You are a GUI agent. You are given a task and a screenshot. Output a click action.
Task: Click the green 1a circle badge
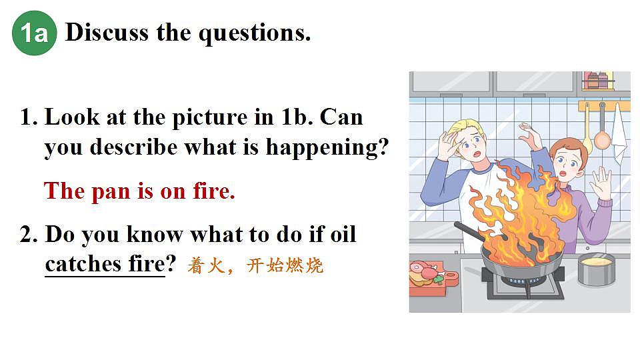[34, 33]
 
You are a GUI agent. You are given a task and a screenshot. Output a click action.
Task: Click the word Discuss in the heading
[107, 32]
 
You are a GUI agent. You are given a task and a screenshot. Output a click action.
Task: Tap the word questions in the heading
[255, 34]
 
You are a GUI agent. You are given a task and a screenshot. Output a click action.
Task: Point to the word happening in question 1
[327, 148]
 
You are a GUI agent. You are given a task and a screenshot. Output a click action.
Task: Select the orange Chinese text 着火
[206, 266]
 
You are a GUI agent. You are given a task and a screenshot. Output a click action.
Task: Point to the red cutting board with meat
[431, 279]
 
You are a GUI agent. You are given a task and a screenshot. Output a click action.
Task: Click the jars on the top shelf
[598, 80]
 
